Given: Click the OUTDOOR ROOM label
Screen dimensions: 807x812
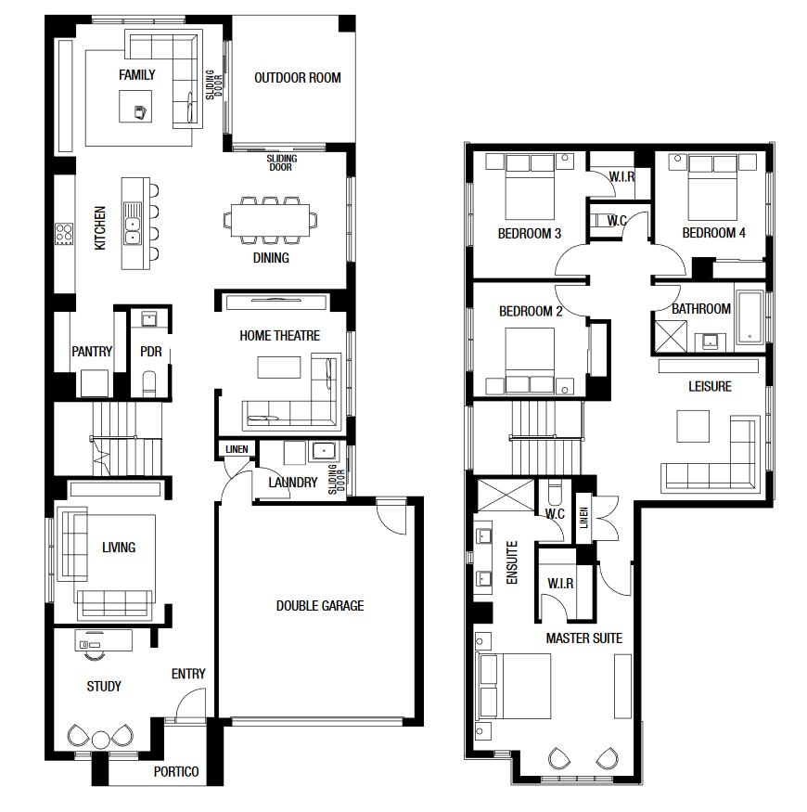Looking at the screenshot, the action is click(298, 78).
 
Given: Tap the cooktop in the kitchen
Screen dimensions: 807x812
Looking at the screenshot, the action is click(64, 234).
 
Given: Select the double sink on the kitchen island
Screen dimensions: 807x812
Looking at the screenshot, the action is click(133, 224).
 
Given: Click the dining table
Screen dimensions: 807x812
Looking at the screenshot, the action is click(270, 220).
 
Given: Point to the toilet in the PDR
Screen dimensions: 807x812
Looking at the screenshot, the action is click(149, 384).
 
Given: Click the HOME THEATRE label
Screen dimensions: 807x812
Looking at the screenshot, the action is click(279, 336).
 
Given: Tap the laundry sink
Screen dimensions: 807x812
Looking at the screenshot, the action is click(324, 451).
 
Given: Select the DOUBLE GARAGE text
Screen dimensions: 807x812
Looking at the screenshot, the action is click(320, 605).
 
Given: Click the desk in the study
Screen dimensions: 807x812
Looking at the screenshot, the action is click(104, 640).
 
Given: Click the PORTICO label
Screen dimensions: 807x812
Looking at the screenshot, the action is click(176, 771).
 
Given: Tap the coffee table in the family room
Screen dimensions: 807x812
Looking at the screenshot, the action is click(135, 106).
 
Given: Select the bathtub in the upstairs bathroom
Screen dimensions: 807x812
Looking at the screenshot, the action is click(749, 317).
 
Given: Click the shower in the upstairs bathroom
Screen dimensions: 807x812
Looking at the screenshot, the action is click(671, 337).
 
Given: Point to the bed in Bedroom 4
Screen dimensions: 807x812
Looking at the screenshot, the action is click(712, 187).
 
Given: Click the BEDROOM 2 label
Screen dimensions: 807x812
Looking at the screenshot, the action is click(531, 311).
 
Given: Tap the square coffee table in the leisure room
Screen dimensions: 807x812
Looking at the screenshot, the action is click(693, 426).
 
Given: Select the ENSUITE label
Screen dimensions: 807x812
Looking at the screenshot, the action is click(512, 562).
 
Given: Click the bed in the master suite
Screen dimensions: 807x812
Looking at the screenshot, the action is click(516, 686).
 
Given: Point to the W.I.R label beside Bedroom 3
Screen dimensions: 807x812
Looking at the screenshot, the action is click(621, 176).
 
